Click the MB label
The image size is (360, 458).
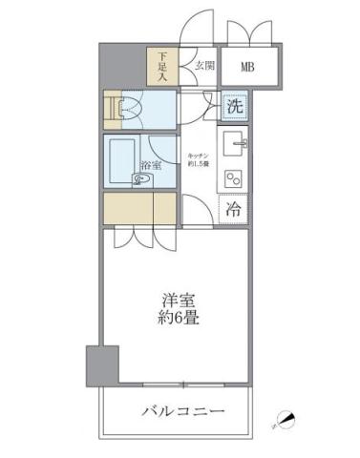(247, 67)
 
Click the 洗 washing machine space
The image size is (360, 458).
(235, 106)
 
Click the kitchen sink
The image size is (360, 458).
(235, 145)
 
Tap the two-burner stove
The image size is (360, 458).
(234, 178)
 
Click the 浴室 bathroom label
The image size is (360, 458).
(151, 165)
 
